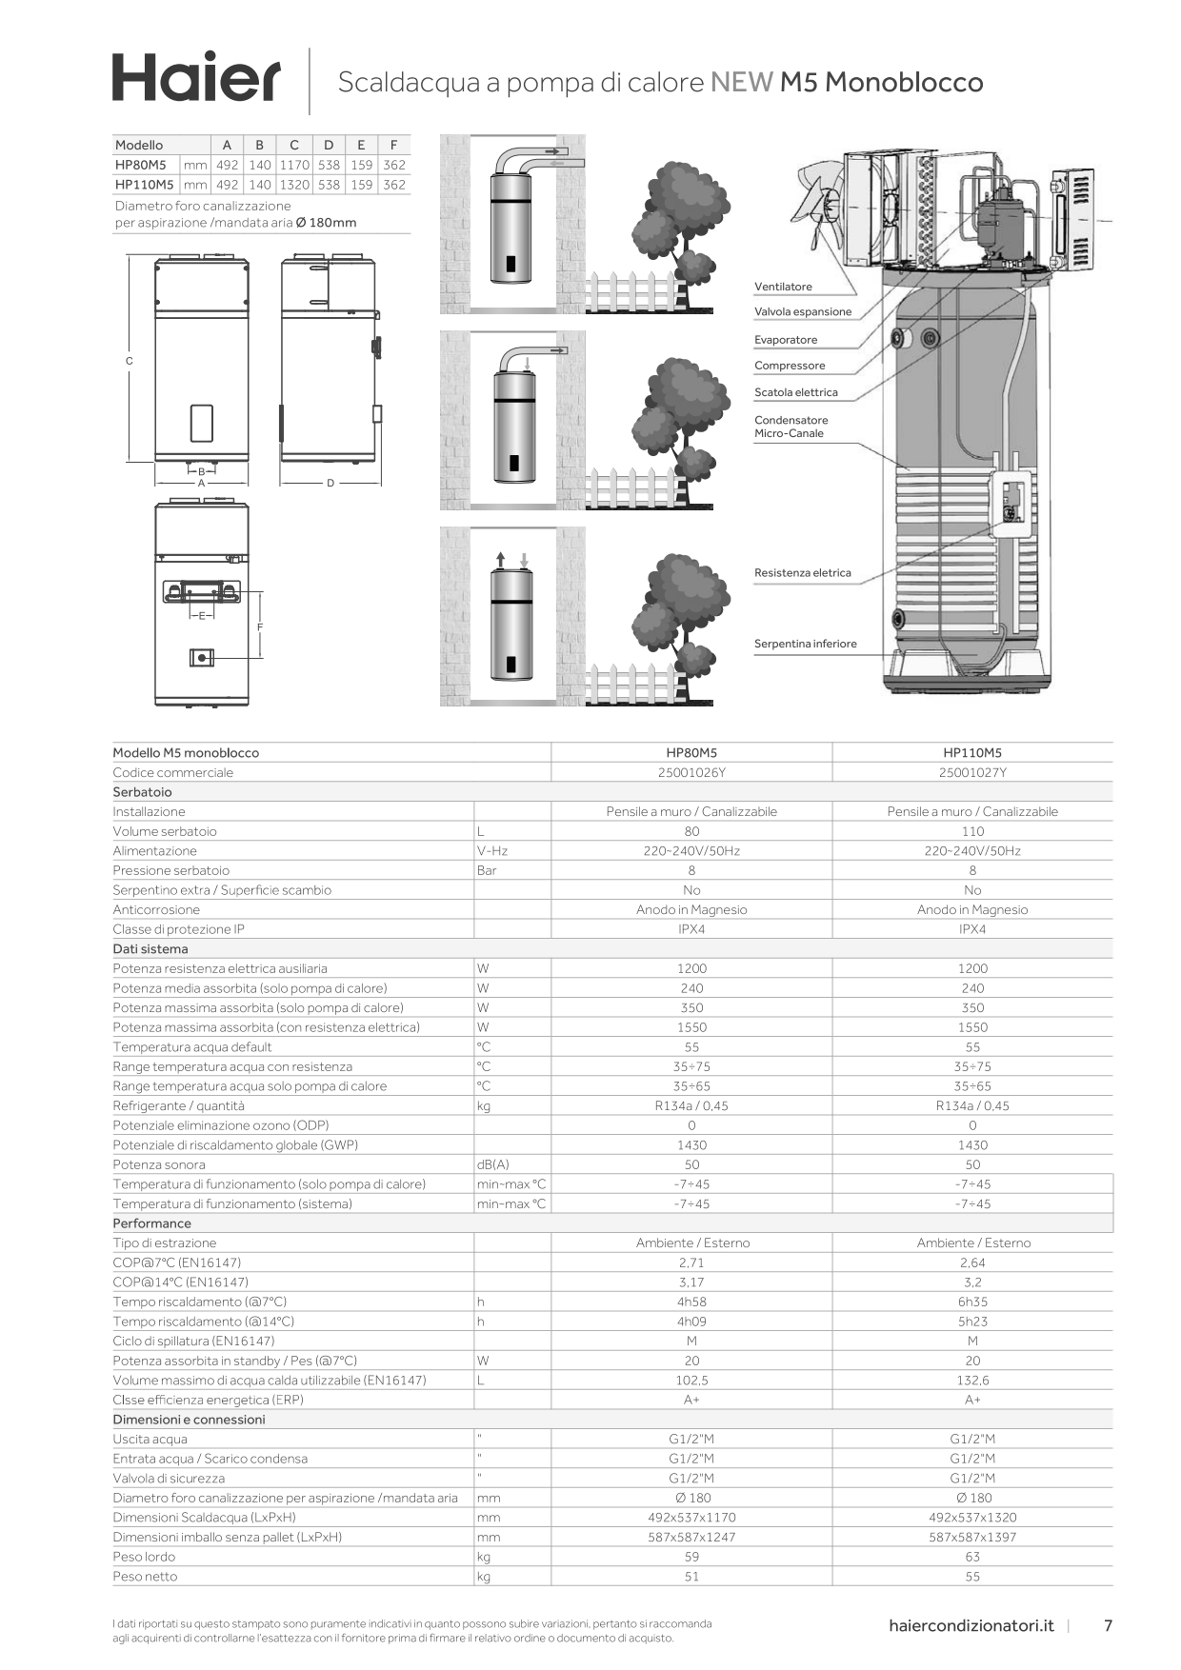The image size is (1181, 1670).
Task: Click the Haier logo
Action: [196, 77]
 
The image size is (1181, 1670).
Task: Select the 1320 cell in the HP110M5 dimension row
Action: [294, 185]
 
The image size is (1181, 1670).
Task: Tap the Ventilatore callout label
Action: [783, 287]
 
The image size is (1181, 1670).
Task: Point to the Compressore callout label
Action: [790, 366]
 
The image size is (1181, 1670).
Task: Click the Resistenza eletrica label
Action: [802, 573]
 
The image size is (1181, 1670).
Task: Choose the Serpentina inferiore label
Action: [805, 644]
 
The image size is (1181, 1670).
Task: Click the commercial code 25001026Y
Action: [691, 772]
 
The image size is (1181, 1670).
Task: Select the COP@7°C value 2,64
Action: [972, 1262]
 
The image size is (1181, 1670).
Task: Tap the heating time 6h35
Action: [972, 1302]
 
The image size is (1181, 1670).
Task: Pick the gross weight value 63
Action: [972, 1557]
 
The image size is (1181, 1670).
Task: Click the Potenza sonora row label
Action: [159, 1164]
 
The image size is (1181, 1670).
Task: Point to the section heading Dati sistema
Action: [150, 948]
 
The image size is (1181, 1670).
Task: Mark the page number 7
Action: [1108, 1625]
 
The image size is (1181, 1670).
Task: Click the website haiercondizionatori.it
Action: [971, 1625]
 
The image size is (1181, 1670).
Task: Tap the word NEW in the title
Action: [741, 83]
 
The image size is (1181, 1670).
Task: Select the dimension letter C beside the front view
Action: [130, 361]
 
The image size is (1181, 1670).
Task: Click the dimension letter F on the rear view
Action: [260, 626]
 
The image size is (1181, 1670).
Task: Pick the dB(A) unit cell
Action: [493, 1164]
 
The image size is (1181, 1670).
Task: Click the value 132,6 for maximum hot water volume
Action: [972, 1380]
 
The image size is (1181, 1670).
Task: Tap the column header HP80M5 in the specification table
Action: [691, 752]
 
